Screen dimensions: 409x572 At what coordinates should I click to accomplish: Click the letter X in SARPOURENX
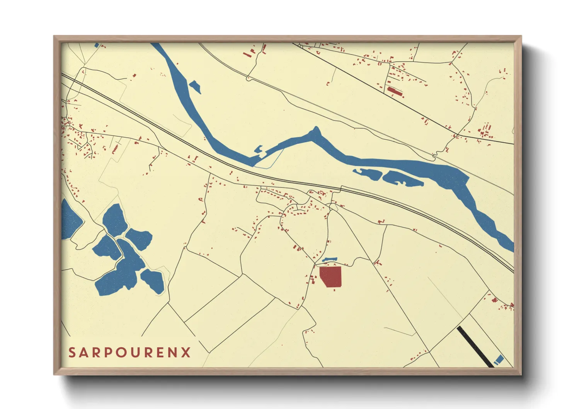pos(186,353)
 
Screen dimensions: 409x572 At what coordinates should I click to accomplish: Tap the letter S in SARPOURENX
pos(72,353)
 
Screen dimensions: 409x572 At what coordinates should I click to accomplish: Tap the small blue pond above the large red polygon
pos(329,259)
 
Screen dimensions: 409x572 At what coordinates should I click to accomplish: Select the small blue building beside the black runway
pos(499,359)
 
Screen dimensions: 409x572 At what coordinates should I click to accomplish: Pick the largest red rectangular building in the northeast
pos(395,91)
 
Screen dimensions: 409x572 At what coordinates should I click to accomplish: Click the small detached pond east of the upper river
pos(195,87)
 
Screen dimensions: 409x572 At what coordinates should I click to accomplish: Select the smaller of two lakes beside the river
pos(367,174)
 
